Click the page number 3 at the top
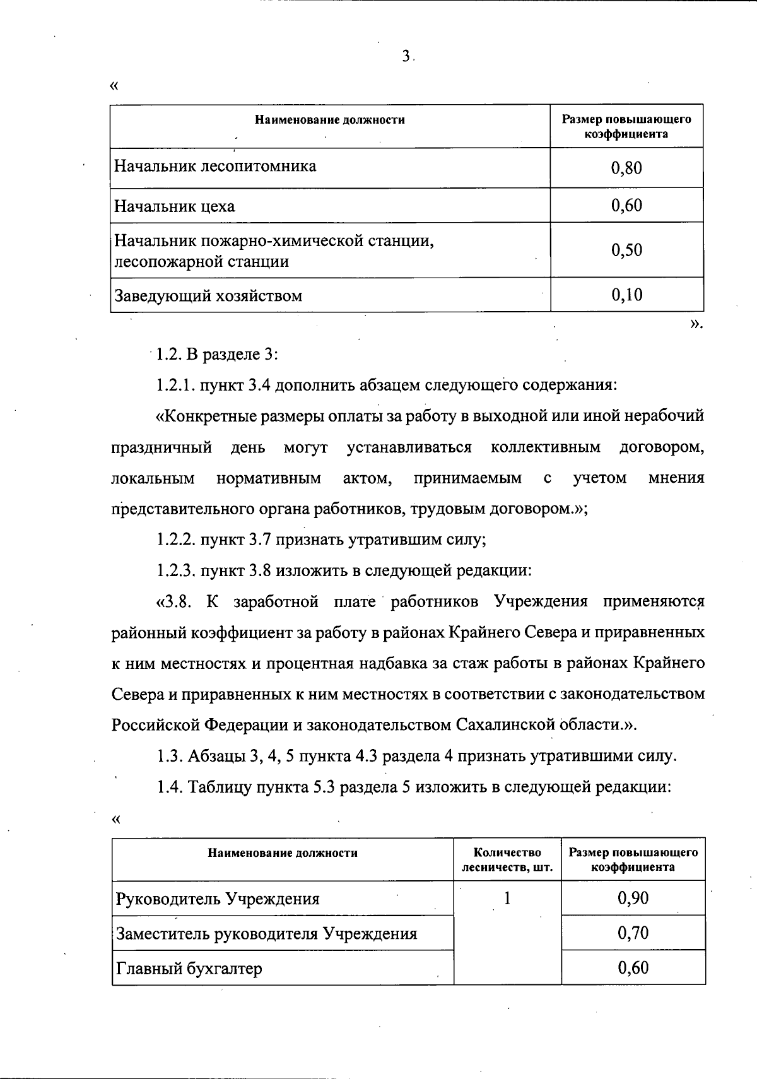406,57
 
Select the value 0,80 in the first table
626,168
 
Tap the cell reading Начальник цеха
175,206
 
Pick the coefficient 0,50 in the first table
626,250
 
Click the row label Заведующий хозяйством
208,295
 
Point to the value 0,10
626,295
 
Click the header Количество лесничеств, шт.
507,859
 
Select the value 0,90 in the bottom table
633,898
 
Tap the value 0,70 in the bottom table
633,933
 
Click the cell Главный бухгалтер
189,968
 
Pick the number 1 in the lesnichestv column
507,898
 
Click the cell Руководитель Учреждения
218,899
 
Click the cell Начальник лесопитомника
215,166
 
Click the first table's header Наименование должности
329,120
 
